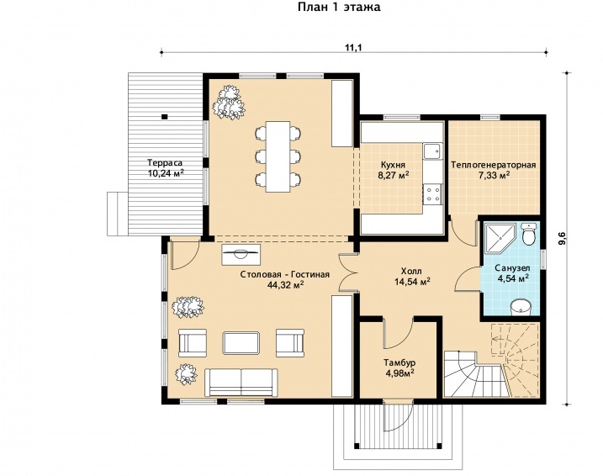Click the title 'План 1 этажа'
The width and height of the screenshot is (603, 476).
pos(339,8)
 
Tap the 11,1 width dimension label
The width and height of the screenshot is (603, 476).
pos(354,47)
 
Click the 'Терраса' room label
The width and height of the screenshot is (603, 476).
pos(165,162)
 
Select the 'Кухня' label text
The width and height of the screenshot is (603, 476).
pos(393,165)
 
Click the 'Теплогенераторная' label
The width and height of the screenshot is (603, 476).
pos(493,165)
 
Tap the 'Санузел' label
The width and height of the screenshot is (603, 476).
pos(513,267)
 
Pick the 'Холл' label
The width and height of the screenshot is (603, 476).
pos(411,271)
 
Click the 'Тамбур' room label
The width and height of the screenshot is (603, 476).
pos(399,362)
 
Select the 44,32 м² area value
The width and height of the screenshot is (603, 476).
pos(285,284)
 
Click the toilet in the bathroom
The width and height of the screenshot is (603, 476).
pos(529,234)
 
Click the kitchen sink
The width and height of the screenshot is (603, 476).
pos(432,151)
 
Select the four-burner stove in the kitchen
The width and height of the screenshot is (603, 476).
pos(433,193)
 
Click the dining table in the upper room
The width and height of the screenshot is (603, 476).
pos(278,156)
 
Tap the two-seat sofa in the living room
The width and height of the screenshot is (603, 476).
pos(241,382)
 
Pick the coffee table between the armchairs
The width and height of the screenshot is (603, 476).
pos(241,343)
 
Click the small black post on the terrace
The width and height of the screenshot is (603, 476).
pos(165,117)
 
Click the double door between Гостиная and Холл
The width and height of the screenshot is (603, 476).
pos(349,272)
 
